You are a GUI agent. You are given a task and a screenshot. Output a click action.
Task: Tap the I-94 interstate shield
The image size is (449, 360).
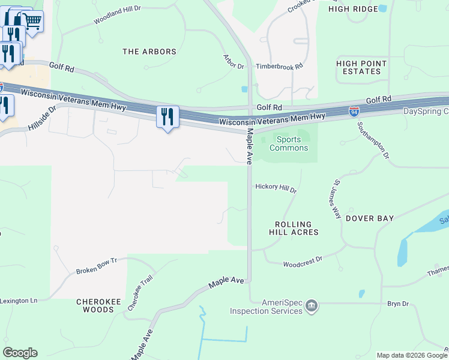click(x=354, y=111)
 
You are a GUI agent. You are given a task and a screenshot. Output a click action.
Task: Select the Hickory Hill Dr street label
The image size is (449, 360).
click(x=276, y=187)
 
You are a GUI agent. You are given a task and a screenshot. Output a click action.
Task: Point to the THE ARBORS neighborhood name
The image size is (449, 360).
click(x=149, y=52)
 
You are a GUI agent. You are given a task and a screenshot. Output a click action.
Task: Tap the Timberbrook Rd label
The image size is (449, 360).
click(x=279, y=67)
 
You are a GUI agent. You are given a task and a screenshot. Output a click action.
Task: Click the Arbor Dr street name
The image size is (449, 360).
click(x=234, y=61)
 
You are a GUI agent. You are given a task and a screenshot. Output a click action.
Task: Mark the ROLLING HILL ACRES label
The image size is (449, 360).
click(x=294, y=227)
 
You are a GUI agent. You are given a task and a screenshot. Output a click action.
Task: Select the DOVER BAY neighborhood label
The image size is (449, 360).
click(x=369, y=219)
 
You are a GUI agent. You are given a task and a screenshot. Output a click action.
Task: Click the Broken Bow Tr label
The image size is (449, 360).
click(x=96, y=267)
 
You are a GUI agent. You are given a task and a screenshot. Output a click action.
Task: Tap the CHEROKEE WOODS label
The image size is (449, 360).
click(x=95, y=305)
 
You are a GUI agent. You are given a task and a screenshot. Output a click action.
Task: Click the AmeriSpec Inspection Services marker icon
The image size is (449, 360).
click(x=312, y=306)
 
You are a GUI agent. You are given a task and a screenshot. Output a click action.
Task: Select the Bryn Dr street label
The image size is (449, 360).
click(x=397, y=304)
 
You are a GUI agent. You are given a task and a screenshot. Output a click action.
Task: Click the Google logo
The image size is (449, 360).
click(x=20, y=353)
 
